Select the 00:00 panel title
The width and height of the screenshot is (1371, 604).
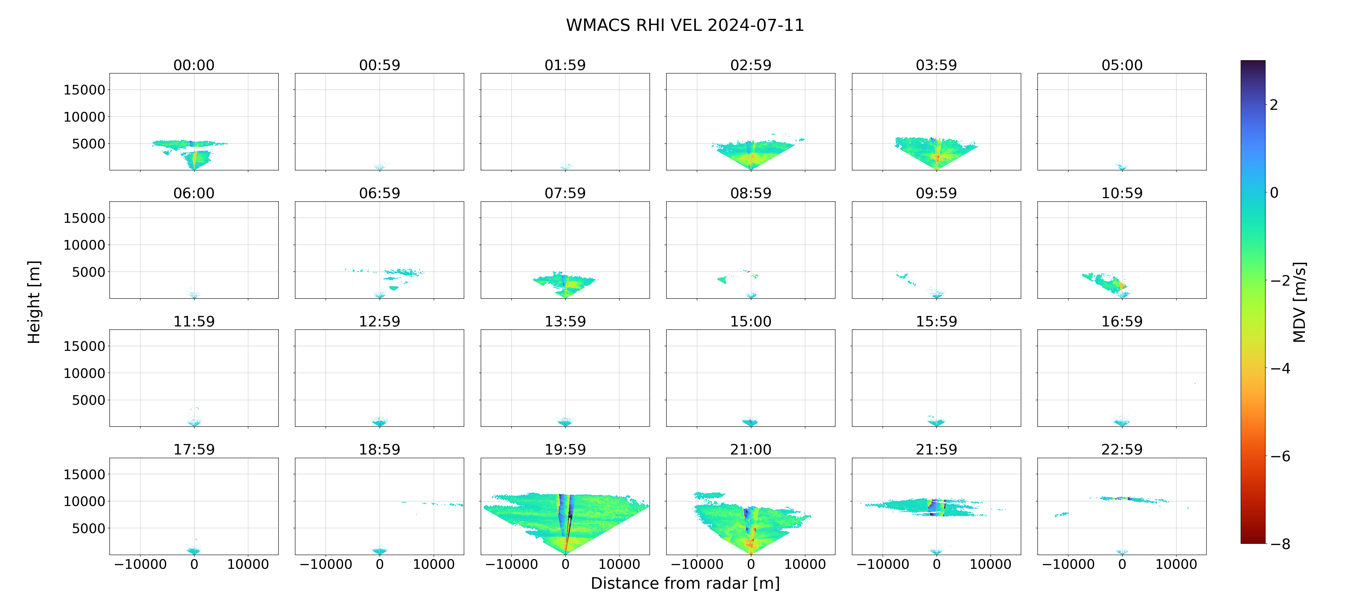[194, 66]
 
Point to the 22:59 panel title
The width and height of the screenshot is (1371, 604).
[1122, 450]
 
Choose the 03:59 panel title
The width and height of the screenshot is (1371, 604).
[936, 66]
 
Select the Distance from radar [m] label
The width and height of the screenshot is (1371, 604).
[685, 583]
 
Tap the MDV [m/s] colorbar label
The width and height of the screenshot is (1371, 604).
[1299, 302]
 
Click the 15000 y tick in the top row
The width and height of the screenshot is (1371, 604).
[84, 90]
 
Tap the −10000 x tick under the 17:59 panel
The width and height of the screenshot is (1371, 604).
[141, 565]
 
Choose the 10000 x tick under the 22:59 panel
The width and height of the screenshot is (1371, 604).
[1176, 565]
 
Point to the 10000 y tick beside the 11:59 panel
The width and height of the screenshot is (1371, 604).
[84, 373]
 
